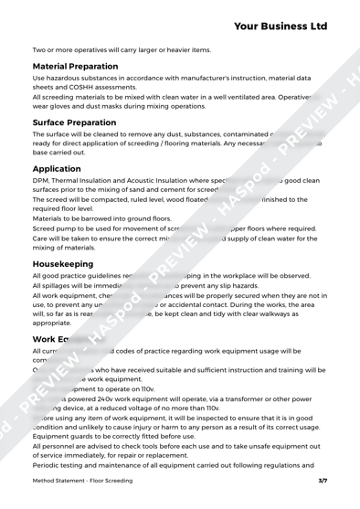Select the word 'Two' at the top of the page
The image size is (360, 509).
tap(40, 48)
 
